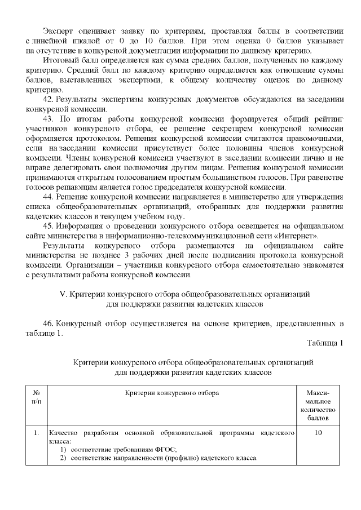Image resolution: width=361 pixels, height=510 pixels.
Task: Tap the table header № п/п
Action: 36,396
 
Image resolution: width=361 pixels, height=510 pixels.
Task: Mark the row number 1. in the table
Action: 36,433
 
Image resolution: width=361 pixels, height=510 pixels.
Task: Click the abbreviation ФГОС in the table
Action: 167,449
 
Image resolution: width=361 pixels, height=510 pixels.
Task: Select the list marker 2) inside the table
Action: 64,457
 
